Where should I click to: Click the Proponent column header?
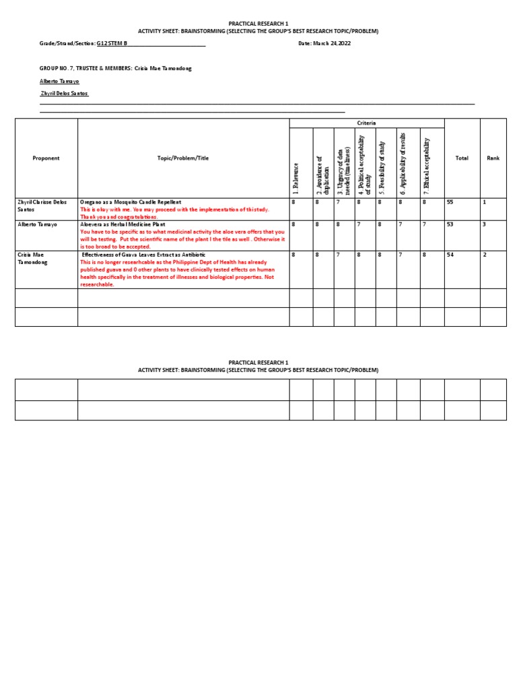[46, 158]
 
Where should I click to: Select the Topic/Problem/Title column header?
[183, 158]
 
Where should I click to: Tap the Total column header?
[462, 158]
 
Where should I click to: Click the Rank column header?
[493, 158]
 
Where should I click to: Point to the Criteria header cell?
[367, 123]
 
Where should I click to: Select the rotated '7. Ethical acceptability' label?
[426, 162]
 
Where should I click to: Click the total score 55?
[450, 202]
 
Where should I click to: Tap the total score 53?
[450, 224]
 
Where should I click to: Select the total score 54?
[450, 255]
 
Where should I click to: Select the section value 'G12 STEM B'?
[112, 44]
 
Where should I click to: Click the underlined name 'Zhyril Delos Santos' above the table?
[65, 94]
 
